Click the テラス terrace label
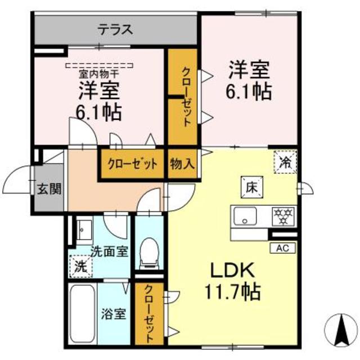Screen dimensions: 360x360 click(x=115, y=29)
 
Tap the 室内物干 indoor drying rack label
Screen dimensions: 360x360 click(x=98, y=71)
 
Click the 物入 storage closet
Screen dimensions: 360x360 click(x=182, y=164)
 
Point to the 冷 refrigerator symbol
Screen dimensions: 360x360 click(x=285, y=163)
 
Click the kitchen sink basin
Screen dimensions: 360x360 click(x=245, y=215)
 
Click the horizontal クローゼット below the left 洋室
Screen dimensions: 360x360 click(x=133, y=164)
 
